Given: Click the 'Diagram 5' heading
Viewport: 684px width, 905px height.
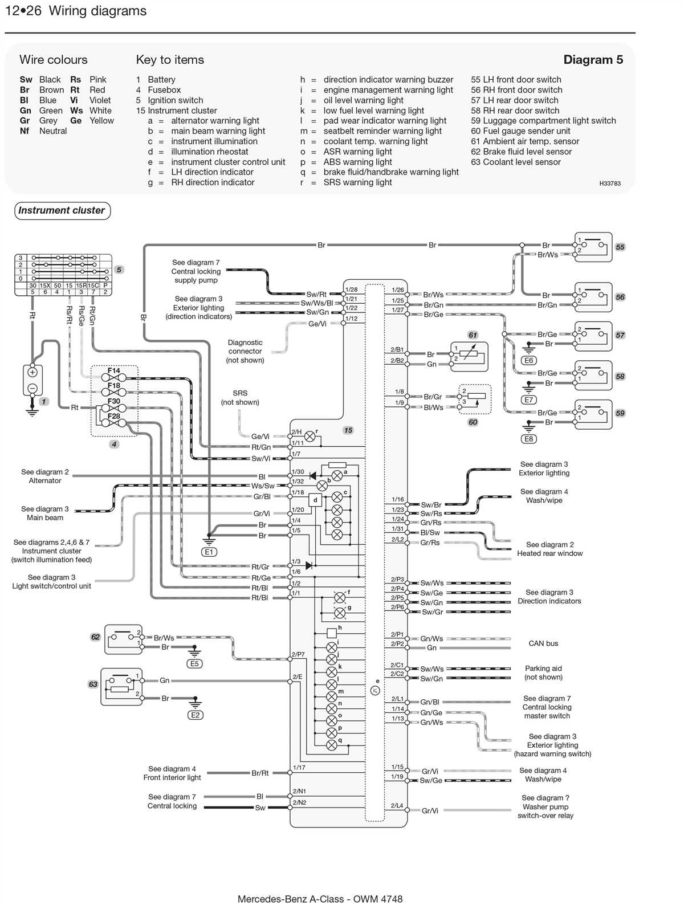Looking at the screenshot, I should click(x=593, y=60).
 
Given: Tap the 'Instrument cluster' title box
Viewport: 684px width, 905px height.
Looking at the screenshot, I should click(x=62, y=210).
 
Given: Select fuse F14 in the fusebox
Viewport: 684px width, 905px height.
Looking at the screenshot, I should click(x=114, y=377).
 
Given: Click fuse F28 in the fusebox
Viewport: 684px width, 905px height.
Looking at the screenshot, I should click(x=114, y=422).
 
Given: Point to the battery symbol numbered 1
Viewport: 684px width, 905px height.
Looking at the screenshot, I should click(x=32, y=380).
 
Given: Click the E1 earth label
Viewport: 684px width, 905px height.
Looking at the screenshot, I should click(x=209, y=552).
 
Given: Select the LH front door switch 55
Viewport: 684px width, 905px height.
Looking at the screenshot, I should click(x=593, y=247).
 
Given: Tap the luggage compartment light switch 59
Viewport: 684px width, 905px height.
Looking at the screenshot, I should click(x=593, y=413).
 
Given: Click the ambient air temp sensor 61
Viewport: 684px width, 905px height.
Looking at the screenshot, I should click(x=469, y=357).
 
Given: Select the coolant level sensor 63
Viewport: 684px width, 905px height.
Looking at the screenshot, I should click(x=121, y=686).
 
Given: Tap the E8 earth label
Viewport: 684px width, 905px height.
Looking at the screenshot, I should click(x=528, y=439).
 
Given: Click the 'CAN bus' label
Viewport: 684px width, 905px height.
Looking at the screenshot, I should click(x=543, y=643).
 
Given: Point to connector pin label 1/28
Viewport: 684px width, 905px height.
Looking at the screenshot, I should click(x=351, y=290).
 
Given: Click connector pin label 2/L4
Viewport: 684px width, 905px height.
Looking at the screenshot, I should click(x=397, y=806).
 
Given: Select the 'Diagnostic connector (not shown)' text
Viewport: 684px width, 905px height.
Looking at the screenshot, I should click(x=245, y=351).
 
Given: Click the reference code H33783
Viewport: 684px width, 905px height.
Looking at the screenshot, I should click(x=610, y=184).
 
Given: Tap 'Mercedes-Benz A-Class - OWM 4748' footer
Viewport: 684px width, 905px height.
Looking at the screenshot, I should click(x=320, y=899).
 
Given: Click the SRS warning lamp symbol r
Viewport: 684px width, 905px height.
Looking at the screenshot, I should click(x=310, y=437).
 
